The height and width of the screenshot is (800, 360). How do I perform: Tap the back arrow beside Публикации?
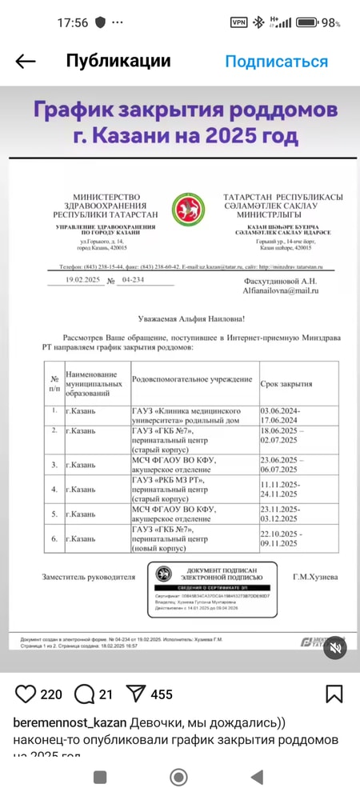pos(26,62)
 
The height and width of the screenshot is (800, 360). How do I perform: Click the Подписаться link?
pos(276,62)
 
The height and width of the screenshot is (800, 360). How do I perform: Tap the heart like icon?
pos(26,694)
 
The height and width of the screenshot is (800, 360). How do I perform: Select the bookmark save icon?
pos(334,694)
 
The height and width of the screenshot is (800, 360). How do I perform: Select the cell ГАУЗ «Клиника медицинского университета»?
pos(190,414)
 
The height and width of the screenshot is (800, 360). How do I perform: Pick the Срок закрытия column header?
pos(286,384)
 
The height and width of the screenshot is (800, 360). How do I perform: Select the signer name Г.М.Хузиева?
pos(314,577)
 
